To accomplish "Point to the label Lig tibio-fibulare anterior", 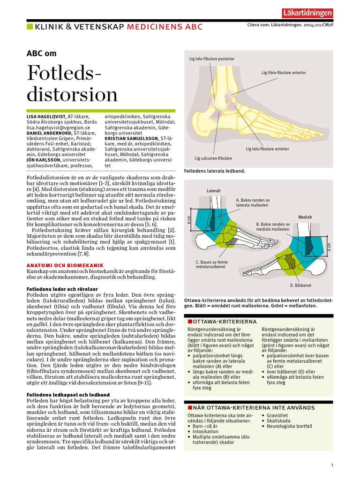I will (x=284, y=73).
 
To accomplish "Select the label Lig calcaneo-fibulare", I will (x=214, y=158).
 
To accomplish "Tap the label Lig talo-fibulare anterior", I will (x=267, y=149).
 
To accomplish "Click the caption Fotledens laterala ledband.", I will (x=215, y=172).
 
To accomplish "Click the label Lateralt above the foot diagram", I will (x=213, y=191).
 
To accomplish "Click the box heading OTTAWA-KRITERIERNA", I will (x=225, y=322).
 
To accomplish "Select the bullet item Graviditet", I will (x=277, y=415).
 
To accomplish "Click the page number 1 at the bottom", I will (x=332, y=465).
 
